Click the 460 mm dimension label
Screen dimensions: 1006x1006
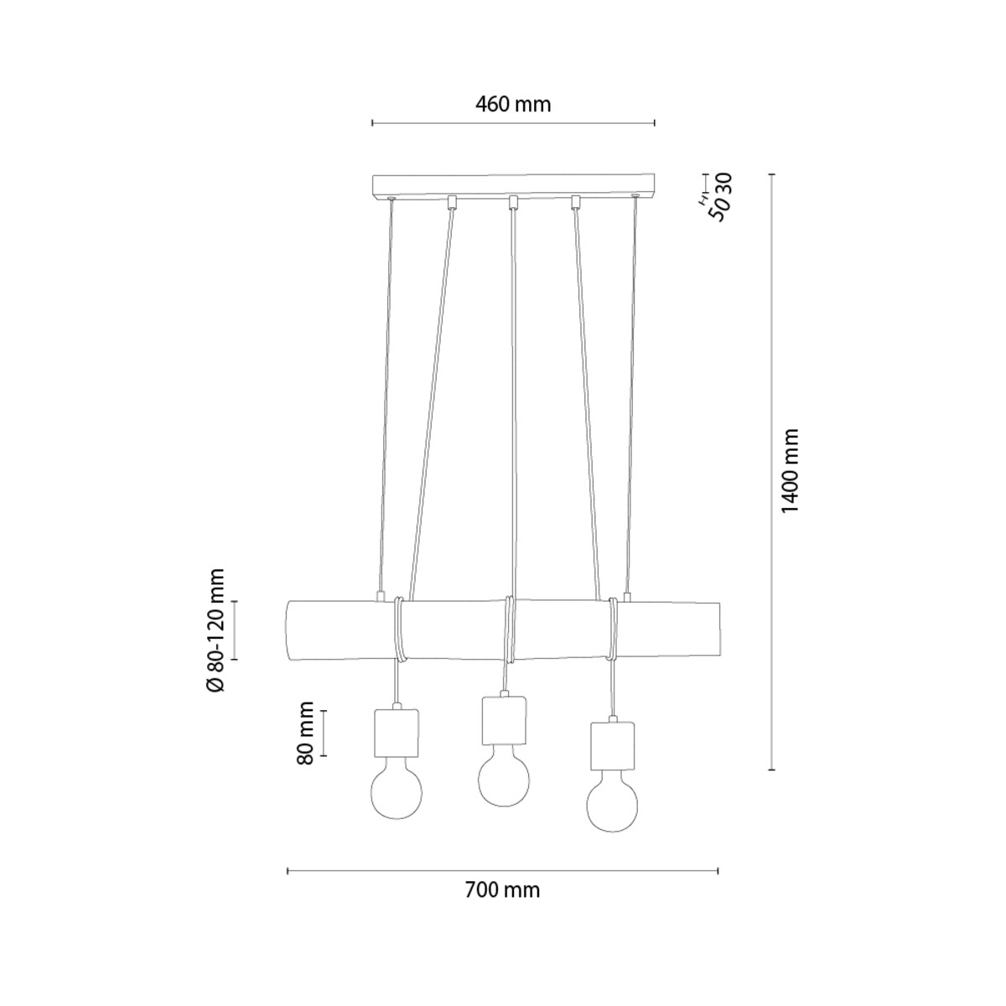pos(513,105)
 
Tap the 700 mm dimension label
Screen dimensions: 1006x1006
pos(502,889)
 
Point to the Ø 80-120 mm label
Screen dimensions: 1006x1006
pos(215,630)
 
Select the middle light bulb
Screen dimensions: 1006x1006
pos(503,781)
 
